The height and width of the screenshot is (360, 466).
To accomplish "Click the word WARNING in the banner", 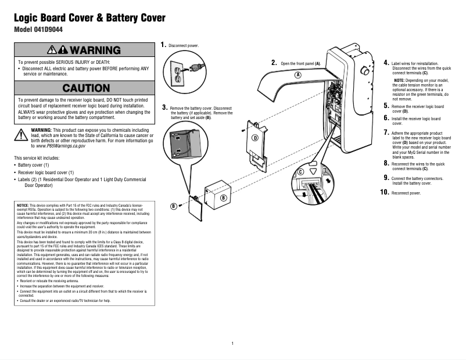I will point(97,50).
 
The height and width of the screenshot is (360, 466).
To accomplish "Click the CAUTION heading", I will point(86,88).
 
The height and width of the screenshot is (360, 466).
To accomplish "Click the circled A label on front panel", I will point(297,75).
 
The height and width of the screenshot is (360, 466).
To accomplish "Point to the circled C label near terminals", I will point(300,172).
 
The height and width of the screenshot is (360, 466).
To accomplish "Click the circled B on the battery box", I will point(223,197).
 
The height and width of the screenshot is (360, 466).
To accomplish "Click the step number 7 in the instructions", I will point(386,133).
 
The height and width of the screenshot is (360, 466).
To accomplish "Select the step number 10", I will point(385,192).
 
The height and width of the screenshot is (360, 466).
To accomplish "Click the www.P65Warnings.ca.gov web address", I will point(60,146).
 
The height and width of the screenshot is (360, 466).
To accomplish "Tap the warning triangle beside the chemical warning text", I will point(21,134).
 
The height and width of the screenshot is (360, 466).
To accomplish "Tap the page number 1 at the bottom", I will point(232,343).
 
